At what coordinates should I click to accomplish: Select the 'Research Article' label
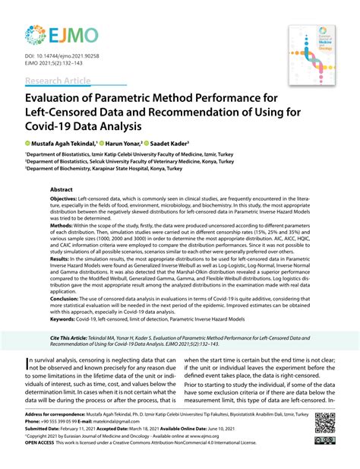(58, 81)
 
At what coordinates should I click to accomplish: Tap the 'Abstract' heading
(62, 189)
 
